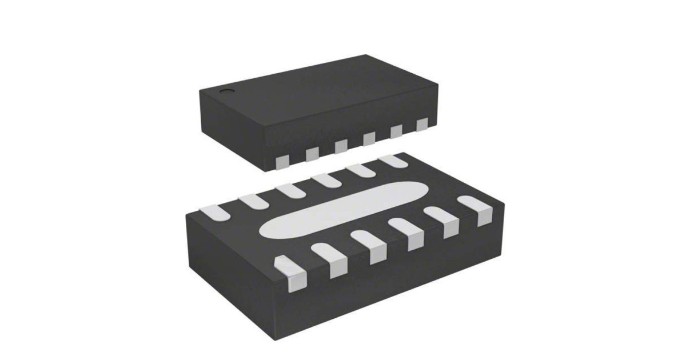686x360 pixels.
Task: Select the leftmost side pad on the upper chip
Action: [281, 162]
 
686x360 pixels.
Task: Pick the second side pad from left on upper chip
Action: [312, 154]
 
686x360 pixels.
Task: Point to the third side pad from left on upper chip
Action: [341, 146]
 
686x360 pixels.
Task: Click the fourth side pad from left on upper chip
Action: [369, 138]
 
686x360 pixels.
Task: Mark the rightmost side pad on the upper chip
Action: [422, 124]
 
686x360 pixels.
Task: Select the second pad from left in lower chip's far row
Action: [250, 201]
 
